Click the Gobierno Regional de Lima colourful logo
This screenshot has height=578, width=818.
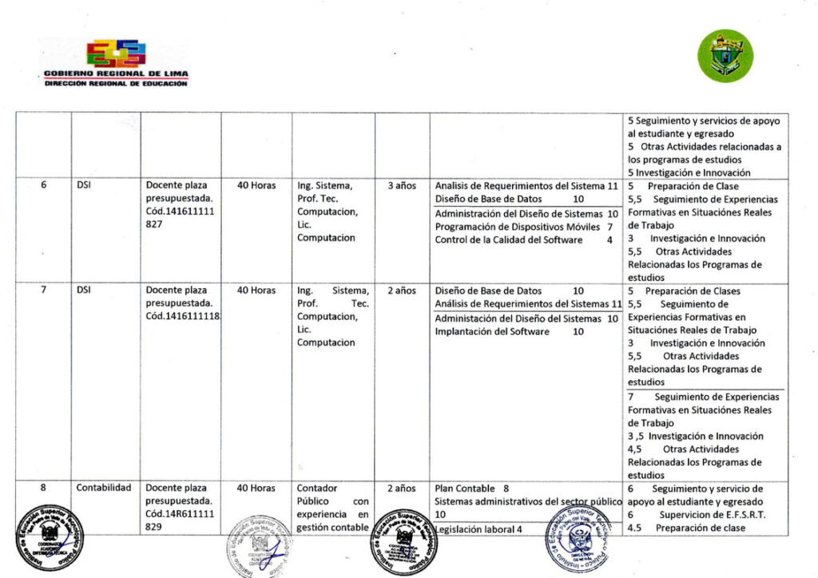pyautogui.click(x=116, y=53)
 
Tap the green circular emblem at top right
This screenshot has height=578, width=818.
pyautogui.click(x=725, y=55)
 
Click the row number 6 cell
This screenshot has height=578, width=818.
pyautogui.click(x=44, y=185)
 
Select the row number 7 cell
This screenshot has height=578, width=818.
pyautogui.click(x=44, y=291)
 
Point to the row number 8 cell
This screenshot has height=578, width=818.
pyautogui.click(x=44, y=488)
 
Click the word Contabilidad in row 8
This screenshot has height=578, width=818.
pyautogui.click(x=104, y=488)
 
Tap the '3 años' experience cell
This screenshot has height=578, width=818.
pyautogui.click(x=402, y=185)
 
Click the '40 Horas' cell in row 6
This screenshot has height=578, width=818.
pyautogui.click(x=256, y=185)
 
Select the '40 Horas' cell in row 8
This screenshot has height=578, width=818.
pyautogui.click(x=256, y=488)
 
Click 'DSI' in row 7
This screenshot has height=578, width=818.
pyautogui.click(x=84, y=291)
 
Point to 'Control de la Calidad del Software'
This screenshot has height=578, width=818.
pyautogui.click(x=509, y=240)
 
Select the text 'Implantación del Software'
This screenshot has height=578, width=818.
pyautogui.click(x=492, y=331)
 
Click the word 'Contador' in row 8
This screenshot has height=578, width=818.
pyautogui.click(x=317, y=488)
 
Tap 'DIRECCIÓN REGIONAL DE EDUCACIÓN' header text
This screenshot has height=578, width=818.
pyautogui.click(x=116, y=83)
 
